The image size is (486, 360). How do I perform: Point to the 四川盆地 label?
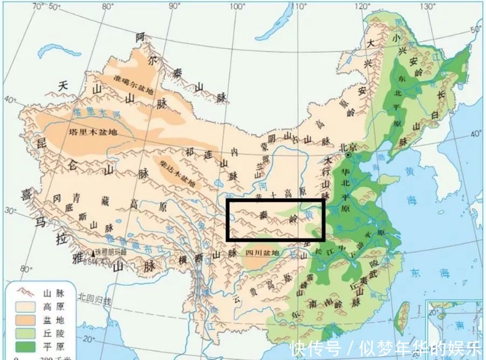[263, 253]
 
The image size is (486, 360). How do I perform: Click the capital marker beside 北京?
[349, 155]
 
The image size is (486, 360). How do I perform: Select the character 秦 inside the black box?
[263, 214]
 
